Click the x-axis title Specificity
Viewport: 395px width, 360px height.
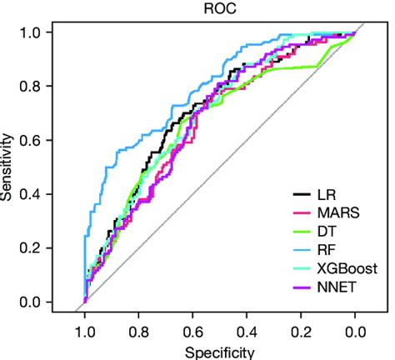coord(220,352)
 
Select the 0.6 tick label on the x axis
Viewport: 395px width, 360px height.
coord(193,331)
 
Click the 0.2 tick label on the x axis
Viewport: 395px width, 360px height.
coord(302,331)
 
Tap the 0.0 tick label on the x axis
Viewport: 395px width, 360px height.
coord(356,331)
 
